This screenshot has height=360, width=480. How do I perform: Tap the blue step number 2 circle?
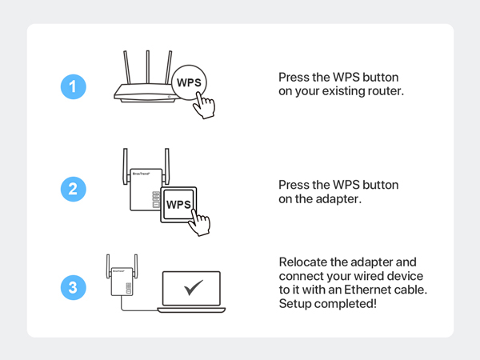click(73, 189)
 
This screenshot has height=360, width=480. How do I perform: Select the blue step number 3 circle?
click(73, 289)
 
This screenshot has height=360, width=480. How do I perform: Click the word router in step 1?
click(385, 91)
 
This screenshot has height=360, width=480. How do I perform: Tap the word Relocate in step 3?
click(303, 262)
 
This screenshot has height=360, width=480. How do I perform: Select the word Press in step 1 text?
click(294, 78)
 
